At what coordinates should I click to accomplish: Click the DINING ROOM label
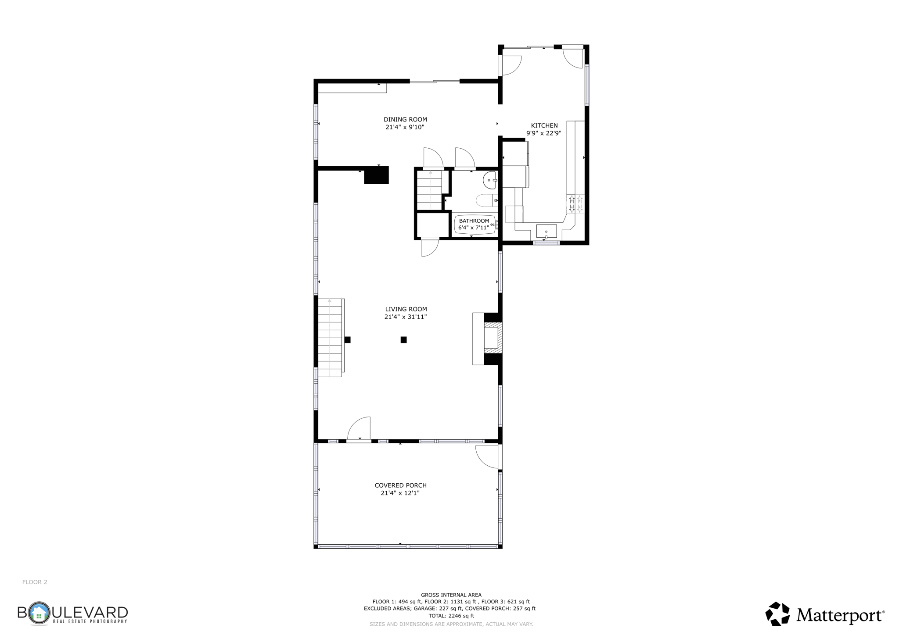[x=405, y=119]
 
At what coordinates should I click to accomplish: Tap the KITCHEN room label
[x=544, y=125]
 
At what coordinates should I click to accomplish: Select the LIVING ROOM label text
[x=406, y=309]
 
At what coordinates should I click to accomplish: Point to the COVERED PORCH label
[x=400, y=485]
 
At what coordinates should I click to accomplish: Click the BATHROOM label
[x=474, y=221]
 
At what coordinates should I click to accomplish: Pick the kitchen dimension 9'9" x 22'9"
[x=544, y=133]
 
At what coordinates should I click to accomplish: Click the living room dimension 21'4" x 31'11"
[x=406, y=317]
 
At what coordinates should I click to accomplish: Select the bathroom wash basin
[x=489, y=180]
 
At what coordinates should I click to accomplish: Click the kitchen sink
[x=546, y=231]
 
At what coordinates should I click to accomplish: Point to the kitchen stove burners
[x=575, y=204]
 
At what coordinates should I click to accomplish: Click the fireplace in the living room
[x=492, y=338]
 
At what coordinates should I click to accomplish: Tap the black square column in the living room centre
[x=403, y=339]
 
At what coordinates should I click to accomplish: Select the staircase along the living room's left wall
[x=330, y=338]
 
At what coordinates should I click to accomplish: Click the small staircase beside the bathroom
[x=430, y=190]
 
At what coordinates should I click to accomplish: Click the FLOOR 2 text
[x=35, y=582]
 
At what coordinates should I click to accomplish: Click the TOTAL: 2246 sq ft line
[x=451, y=616]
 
